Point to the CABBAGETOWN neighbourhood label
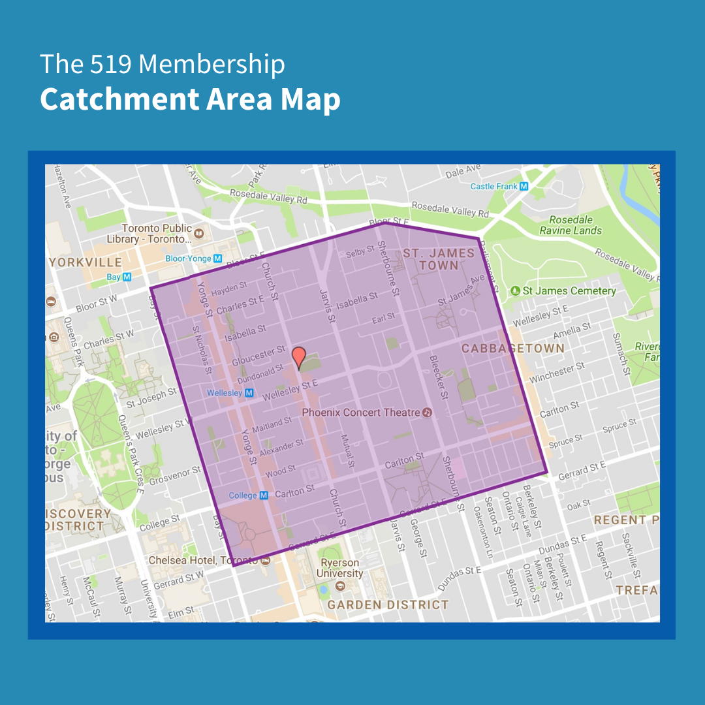click(513, 349)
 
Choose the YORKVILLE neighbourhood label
click(86, 262)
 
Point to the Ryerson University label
click(340, 568)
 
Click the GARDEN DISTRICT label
click(388, 605)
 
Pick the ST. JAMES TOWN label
click(439, 259)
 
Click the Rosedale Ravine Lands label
click(571, 225)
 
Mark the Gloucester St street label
click(259, 356)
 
